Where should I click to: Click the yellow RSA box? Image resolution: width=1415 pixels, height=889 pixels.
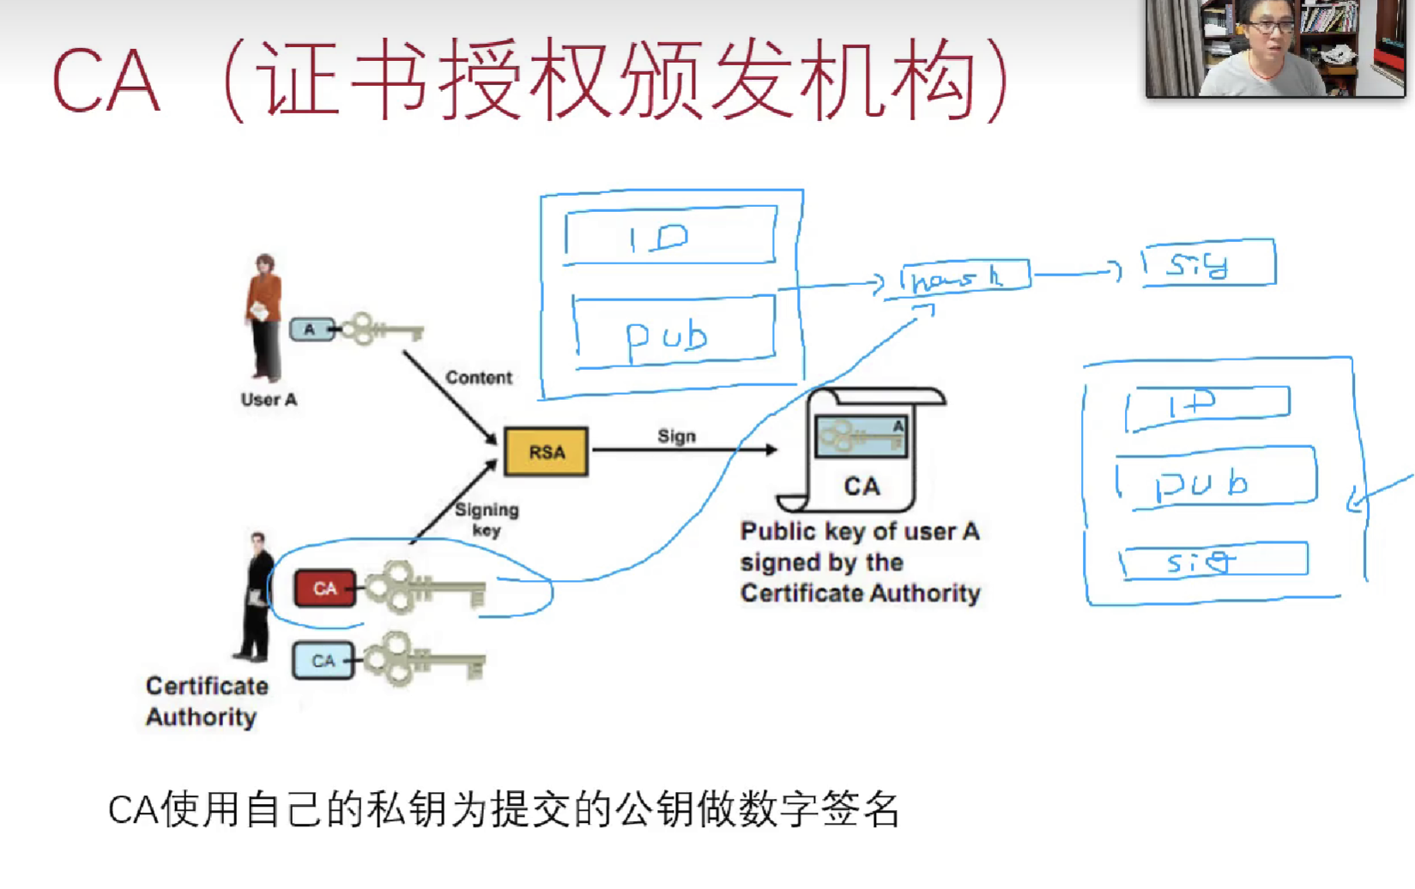click(x=546, y=451)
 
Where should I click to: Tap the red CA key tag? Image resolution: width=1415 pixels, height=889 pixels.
click(x=324, y=589)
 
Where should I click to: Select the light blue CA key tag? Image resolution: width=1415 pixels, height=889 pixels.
click(x=323, y=661)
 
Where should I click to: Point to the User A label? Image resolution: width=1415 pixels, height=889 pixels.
click(x=269, y=400)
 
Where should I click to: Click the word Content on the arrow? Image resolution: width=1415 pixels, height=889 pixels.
click(x=478, y=378)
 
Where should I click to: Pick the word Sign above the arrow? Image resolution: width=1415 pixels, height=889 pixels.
click(x=676, y=436)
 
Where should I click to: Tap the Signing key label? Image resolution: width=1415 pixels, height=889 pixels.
click(x=486, y=519)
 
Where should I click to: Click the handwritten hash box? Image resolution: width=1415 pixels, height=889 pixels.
click(x=963, y=277)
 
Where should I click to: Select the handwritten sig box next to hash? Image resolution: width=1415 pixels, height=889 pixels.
click(x=1208, y=263)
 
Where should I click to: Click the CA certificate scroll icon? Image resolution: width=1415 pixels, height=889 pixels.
click(x=861, y=451)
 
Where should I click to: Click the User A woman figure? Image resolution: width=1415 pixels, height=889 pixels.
click(x=264, y=317)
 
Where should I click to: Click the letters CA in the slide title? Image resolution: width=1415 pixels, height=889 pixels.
click(x=106, y=82)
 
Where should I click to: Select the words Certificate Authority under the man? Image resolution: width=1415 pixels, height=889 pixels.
click(x=206, y=701)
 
